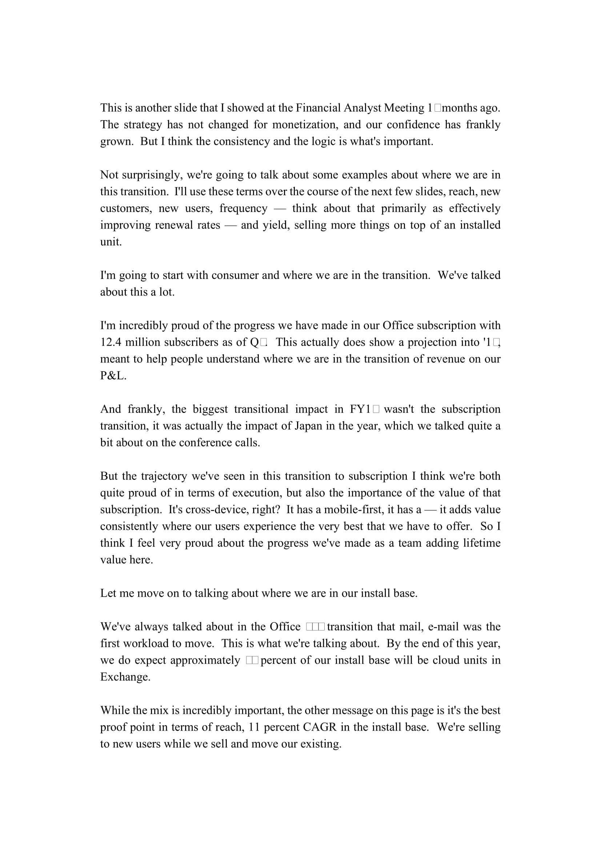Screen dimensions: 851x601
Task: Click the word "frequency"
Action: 243,208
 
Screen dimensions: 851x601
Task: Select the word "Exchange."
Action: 125,677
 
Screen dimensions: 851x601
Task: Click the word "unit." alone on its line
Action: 111,242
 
